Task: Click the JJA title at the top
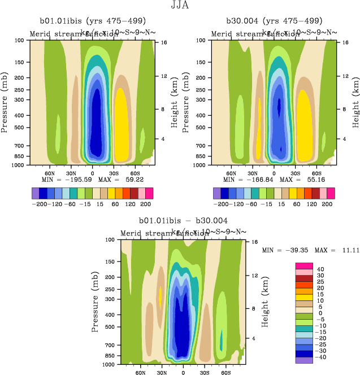click(180, 7)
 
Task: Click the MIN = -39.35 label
click(281, 249)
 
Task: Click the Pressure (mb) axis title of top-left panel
click(6, 103)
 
